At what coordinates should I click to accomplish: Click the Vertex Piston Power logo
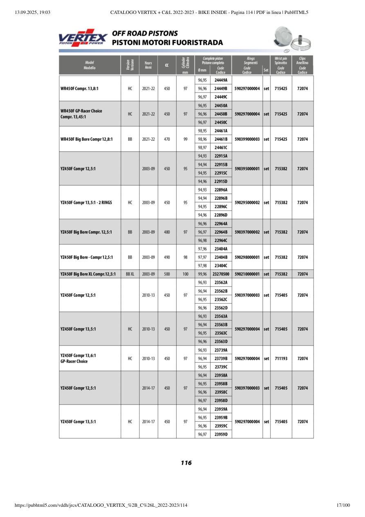[x=83, y=38]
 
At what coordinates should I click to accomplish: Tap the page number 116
[x=186, y=463]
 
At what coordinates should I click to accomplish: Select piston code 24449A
[x=221, y=80]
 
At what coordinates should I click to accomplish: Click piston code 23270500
[x=221, y=274]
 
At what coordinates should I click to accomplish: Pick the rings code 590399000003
[x=247, y=139]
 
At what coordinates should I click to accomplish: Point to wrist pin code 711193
[x=281, y=359]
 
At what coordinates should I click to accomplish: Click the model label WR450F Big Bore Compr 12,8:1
[x=86, y=139]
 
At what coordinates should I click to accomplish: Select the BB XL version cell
[x=130, y=274]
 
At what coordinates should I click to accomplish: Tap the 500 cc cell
[x=167, y=274]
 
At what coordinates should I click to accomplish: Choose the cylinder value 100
[x=186, y=274]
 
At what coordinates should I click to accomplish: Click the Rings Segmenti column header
[x=251, y=61]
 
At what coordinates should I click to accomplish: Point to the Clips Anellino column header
[x=302, y=61]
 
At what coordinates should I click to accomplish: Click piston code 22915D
[x=221, y=181]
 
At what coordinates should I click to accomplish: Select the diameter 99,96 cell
[x=202, y=274]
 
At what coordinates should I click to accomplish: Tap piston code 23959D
[x=221, y=434]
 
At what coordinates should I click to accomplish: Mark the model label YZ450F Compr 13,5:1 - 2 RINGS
[x=86, y=203]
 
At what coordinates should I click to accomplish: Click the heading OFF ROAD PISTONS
[x=145, y=34]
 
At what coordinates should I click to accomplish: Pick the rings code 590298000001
[x=247, y=257]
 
